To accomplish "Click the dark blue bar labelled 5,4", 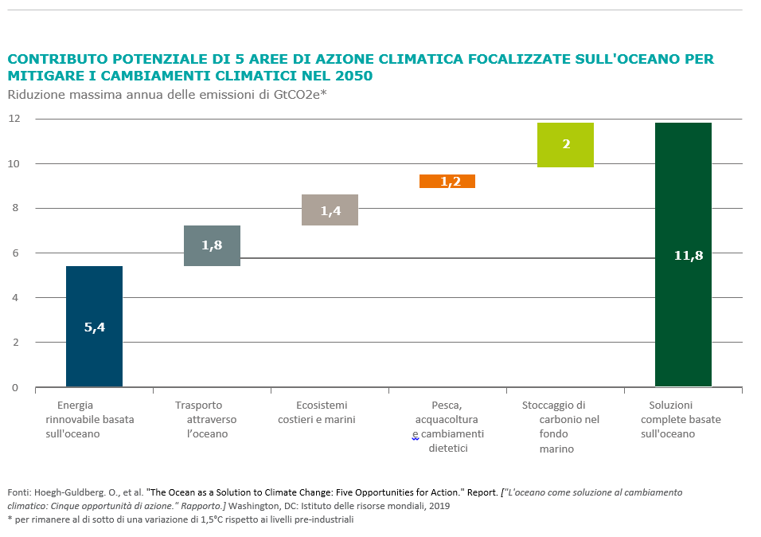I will coord(94,327).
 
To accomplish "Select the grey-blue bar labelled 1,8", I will coord(212,245).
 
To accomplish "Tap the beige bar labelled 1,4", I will coord(330,210).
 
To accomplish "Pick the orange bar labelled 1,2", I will coord(447,182).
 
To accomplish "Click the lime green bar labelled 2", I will coord(565,145).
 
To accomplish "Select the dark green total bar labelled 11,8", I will coord(683,255).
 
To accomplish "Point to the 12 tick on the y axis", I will coord(14,119).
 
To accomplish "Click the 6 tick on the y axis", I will coord(14,253).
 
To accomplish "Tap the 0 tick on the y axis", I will coord(14,388).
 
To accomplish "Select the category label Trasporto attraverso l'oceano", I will coord(205,419).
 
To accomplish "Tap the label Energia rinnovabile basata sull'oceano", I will coord(89,419).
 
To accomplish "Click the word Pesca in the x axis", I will coord(446,405).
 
